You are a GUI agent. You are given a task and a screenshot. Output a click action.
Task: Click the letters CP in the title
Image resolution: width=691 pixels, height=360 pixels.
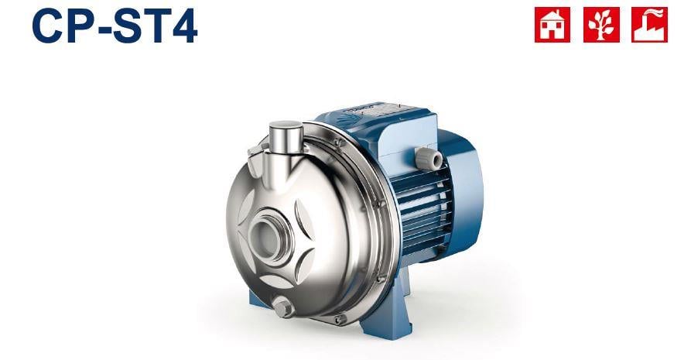(60, 25)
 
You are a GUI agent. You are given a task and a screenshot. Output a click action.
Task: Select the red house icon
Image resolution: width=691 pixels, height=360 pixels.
(552, 25)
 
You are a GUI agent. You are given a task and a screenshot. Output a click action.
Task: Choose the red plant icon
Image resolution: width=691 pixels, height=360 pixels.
(601, 25)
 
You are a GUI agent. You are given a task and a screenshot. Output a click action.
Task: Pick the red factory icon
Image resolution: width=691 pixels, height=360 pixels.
(649, 25)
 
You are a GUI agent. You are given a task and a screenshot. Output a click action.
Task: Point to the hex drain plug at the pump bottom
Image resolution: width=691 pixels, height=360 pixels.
(283, 308)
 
